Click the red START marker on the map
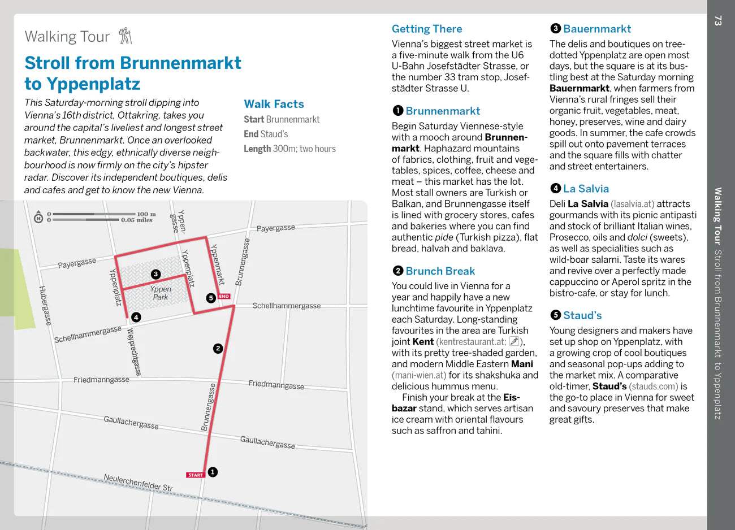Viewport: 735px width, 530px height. click(x=196, y=475)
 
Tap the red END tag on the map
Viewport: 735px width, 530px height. click(x=224, y=296)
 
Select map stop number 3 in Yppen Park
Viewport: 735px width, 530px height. click(x=155, y=274)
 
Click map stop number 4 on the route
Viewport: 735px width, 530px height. click(x=136, y=318)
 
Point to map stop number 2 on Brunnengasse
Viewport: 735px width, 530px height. click(x=218, y=349)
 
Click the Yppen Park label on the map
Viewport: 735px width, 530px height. click(x=161, y=293)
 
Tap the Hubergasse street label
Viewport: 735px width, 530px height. click(x=45, y=305)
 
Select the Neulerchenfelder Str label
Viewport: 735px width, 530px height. click(x=138, y=482)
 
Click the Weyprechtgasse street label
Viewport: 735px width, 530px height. click(x=134, y=351)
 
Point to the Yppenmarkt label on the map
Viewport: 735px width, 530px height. click(x=217, y=264)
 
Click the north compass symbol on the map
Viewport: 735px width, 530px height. click(x=38, y=218)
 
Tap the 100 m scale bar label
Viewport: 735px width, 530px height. click(x=146, y=214)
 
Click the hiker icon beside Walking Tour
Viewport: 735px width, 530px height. click(x=126, y=36)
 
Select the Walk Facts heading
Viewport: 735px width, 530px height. click(x=274, y=104)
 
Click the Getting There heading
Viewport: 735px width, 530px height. click(x=427, y=29)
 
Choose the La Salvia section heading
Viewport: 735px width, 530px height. click(x=586, y=189)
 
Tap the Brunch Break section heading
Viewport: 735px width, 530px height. click(x=440, y=271)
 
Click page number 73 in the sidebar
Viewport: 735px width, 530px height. click(x=718, y=21)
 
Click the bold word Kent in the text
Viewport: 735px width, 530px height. click(x=423, y=342)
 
